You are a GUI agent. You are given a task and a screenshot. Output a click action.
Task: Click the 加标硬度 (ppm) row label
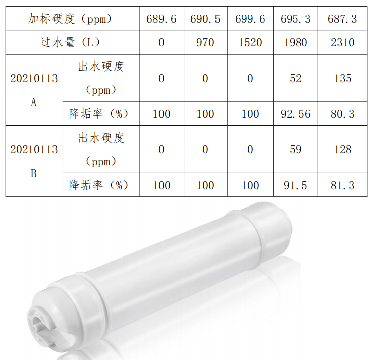pyautogui.click(x=70, y=19)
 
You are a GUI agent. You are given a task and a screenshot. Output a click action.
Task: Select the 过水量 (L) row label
pyautogui.click(x=70, y=42)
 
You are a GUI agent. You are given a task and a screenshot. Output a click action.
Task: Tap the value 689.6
pyautogui.click(x=161, y=19)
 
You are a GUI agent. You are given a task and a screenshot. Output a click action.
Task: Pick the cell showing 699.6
pyautogui.click(x=250, y=19)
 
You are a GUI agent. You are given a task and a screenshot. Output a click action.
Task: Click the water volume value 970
pyautogui.click(x=205, y=43)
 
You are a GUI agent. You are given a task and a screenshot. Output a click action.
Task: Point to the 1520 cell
pyautogui.click(x=250, y=43)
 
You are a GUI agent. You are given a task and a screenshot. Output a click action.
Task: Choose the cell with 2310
pyautogui.click(x=343, y=43)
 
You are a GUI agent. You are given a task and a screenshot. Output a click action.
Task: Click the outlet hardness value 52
pyautogui.click(x=296, y=78)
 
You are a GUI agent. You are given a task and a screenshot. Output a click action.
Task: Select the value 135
pyautogui.click(x=343, y=78)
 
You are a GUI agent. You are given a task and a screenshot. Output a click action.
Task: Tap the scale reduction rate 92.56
pyautogui.click(x=296, y=114)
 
